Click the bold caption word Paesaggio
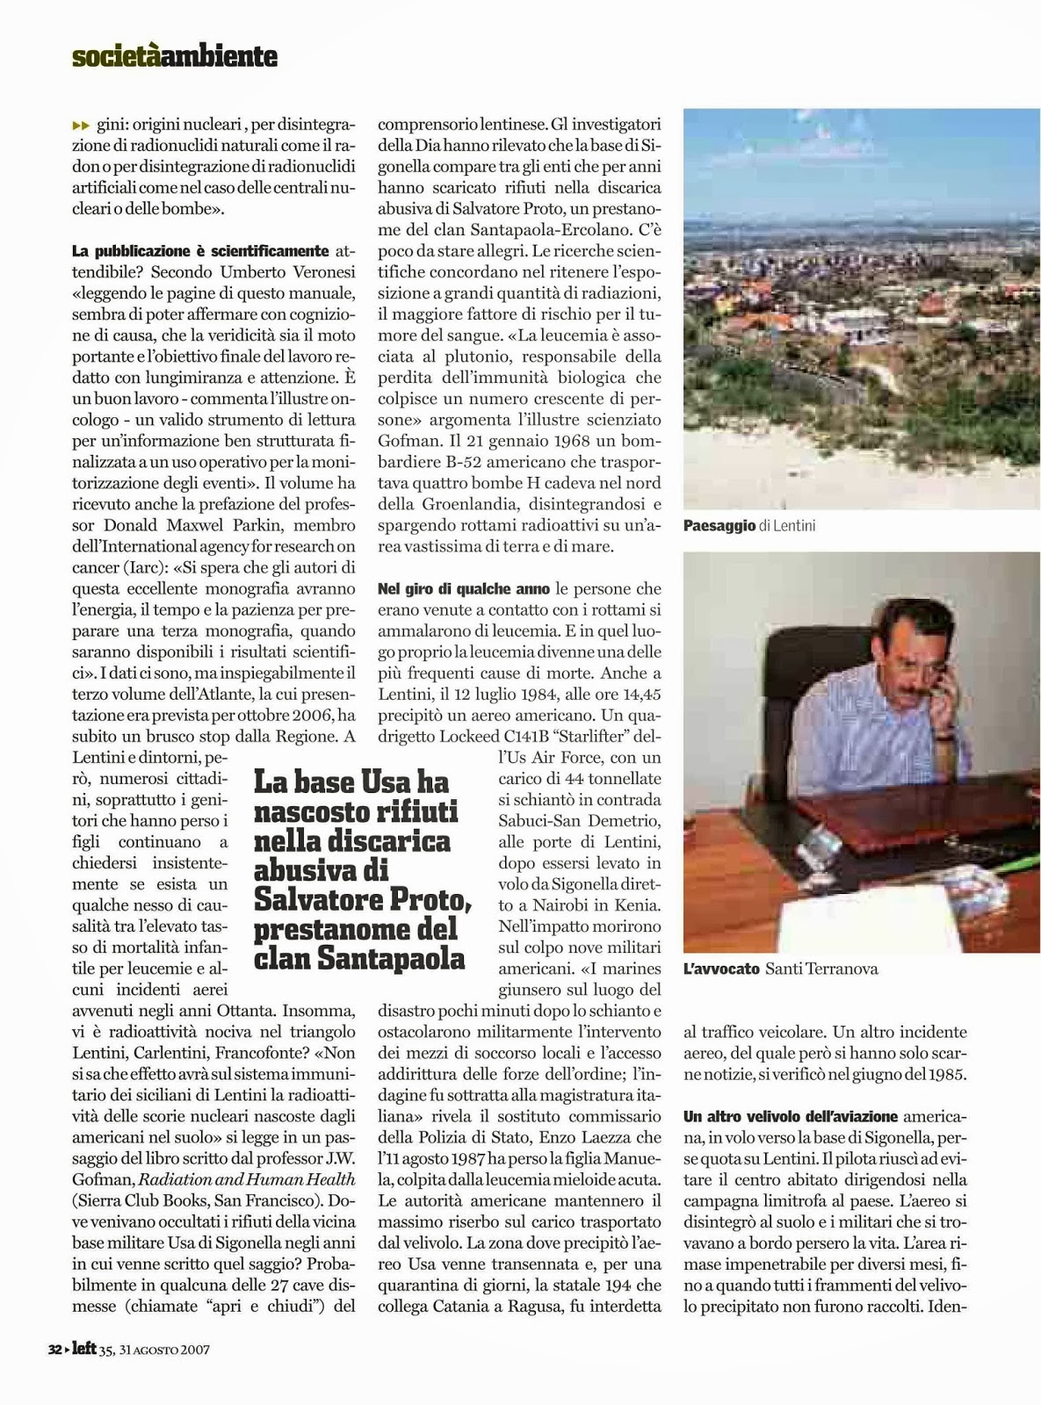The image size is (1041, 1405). [x=719, y=526]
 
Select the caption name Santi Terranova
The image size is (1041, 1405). [x=821, y=969]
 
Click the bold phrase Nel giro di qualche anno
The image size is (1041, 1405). [x=464, y=588]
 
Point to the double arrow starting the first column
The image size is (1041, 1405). [x=80, y=126]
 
